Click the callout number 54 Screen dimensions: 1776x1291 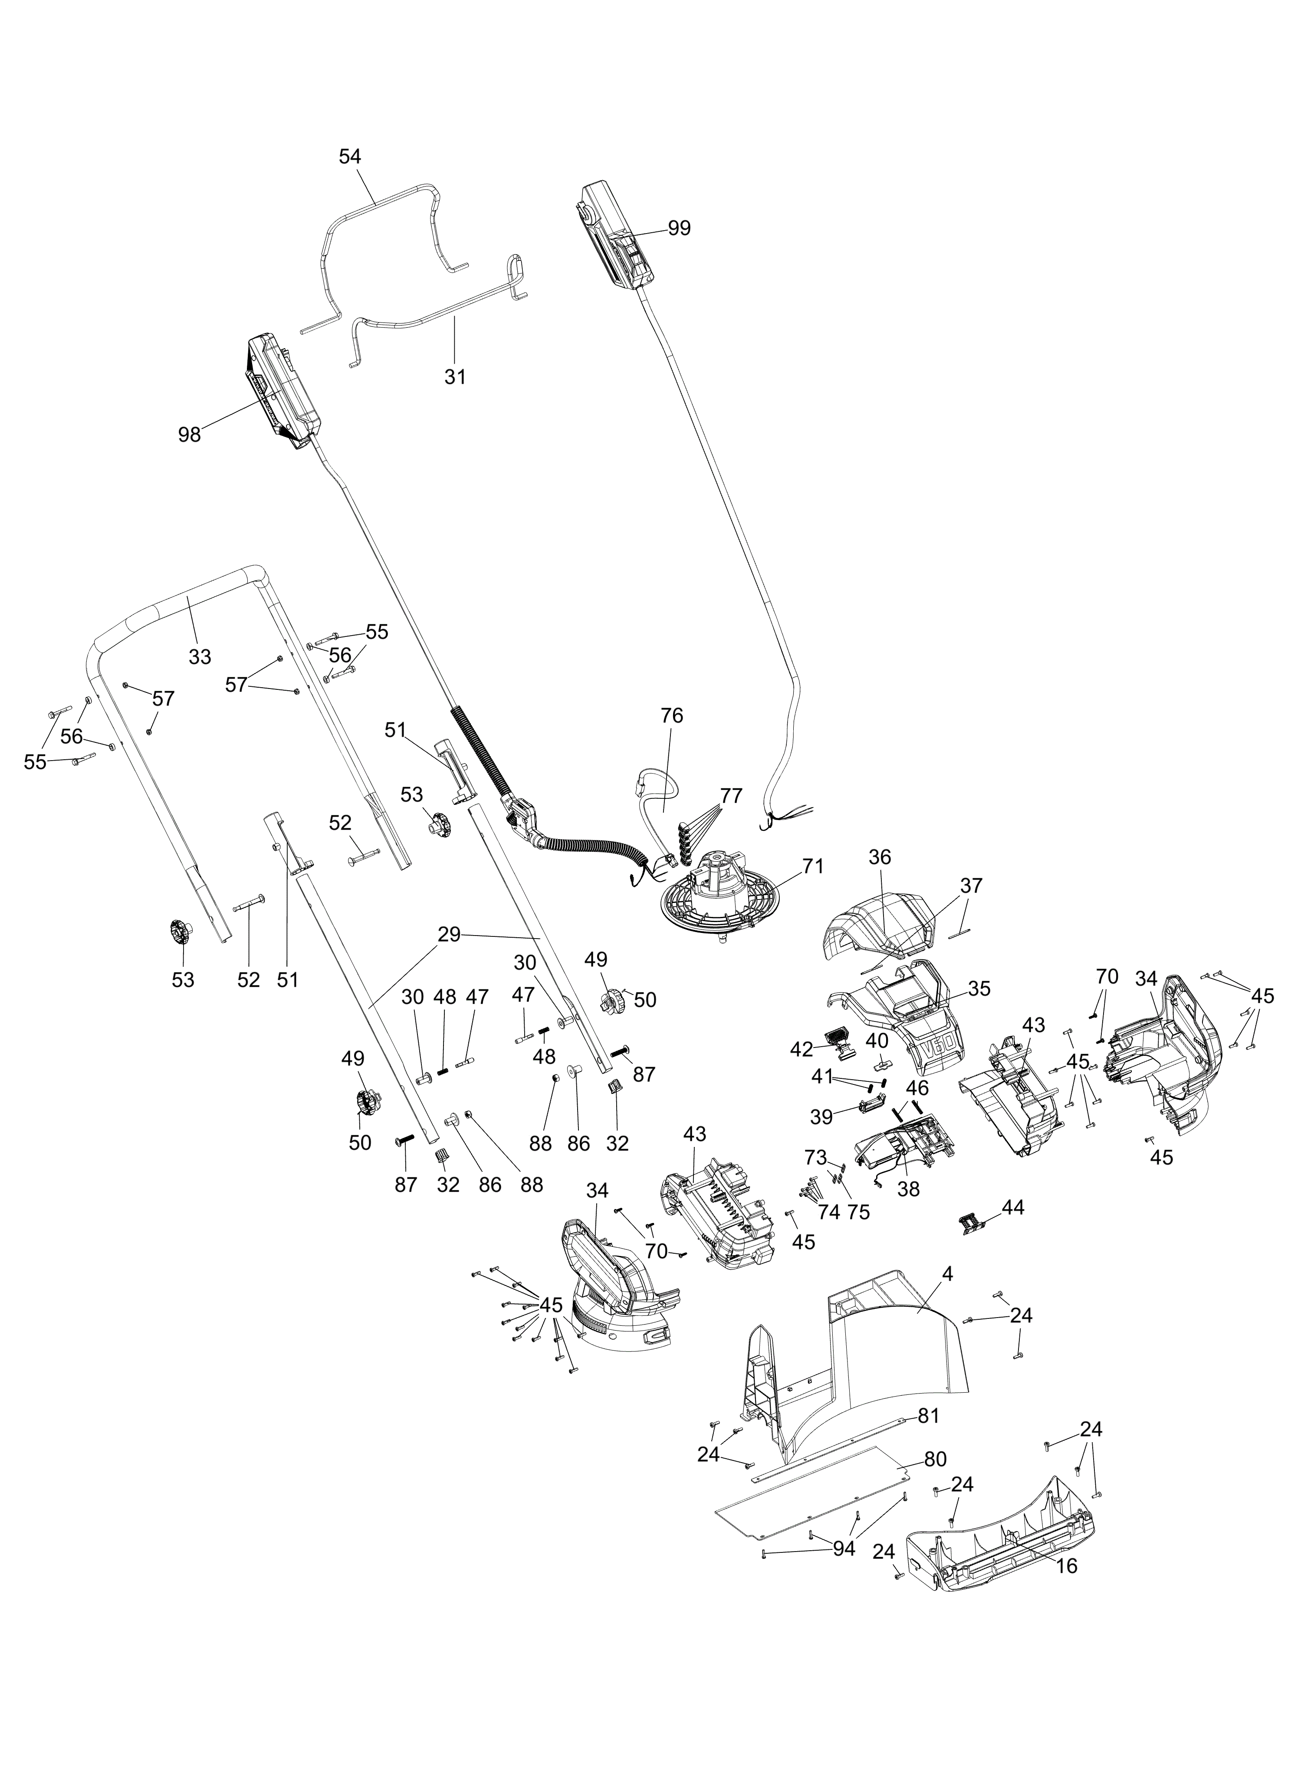(x=350, y=157)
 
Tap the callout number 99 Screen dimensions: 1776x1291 (x=680, y=229)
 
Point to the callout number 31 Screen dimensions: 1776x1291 (x=455, y=377)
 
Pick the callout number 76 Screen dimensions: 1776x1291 (x=672, y=716)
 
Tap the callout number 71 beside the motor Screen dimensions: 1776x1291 (x=813, y=867)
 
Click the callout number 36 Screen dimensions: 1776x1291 (x=880, y=857)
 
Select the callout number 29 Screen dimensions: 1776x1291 (x=450, y=934)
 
